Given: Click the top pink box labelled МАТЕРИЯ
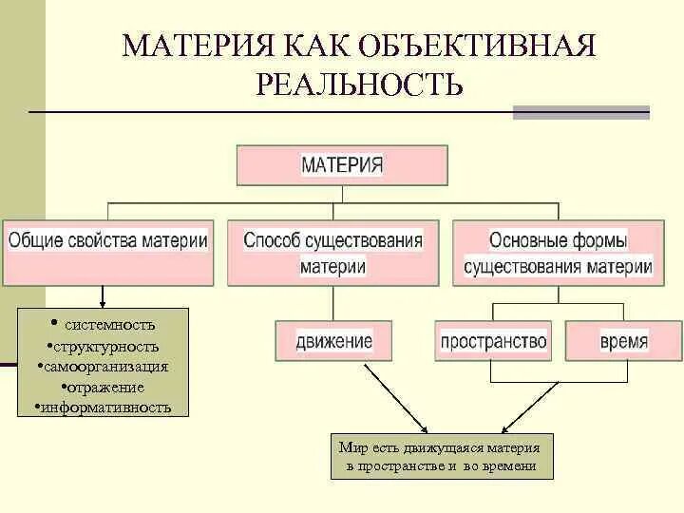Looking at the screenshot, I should tap(342, 164).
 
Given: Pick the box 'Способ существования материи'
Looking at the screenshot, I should tap(332, 253).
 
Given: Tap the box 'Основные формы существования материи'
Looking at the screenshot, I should tap(558, 253).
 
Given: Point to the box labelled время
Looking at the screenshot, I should tap(623, 340).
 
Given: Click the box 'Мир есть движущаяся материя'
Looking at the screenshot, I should tap(441, 456).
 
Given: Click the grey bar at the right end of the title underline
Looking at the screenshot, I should tap(580, 112).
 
